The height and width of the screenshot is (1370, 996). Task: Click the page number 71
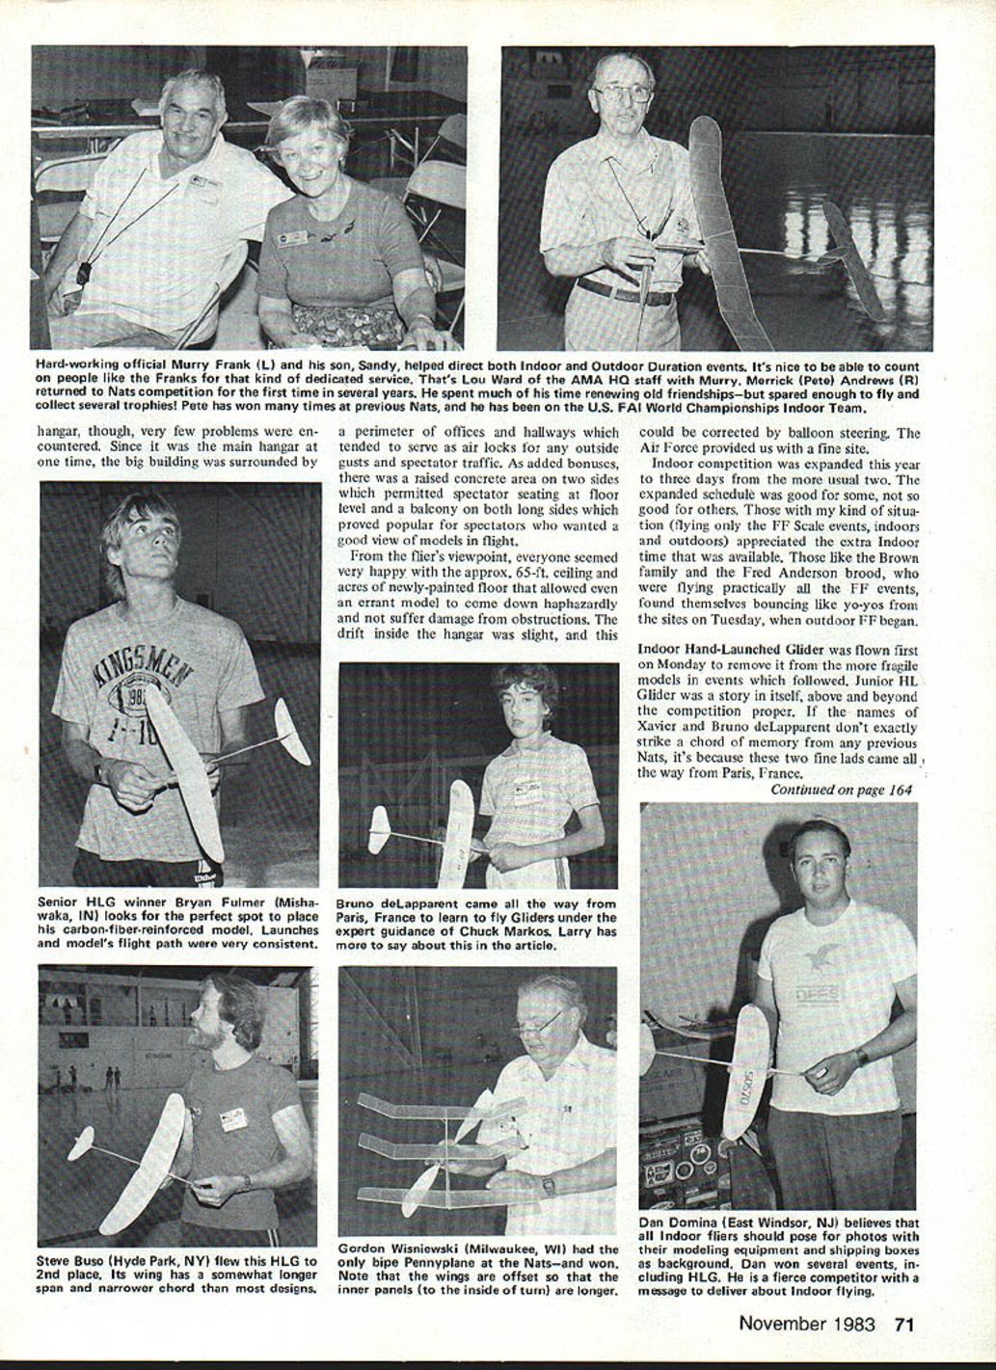coord(903,1323)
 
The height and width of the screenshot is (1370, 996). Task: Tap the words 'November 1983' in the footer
coord(806,1323)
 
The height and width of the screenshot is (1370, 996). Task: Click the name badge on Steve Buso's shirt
coord(233,1118)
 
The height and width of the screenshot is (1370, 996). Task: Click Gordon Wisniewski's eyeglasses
coord(536,1024)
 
